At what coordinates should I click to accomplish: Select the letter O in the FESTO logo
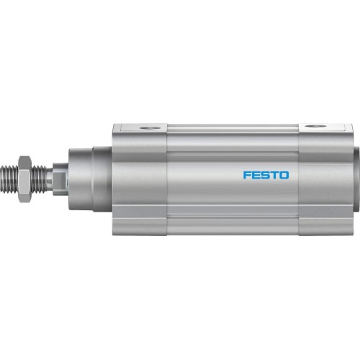click(283, 175)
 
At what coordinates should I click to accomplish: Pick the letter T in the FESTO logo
click(274, 175)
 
